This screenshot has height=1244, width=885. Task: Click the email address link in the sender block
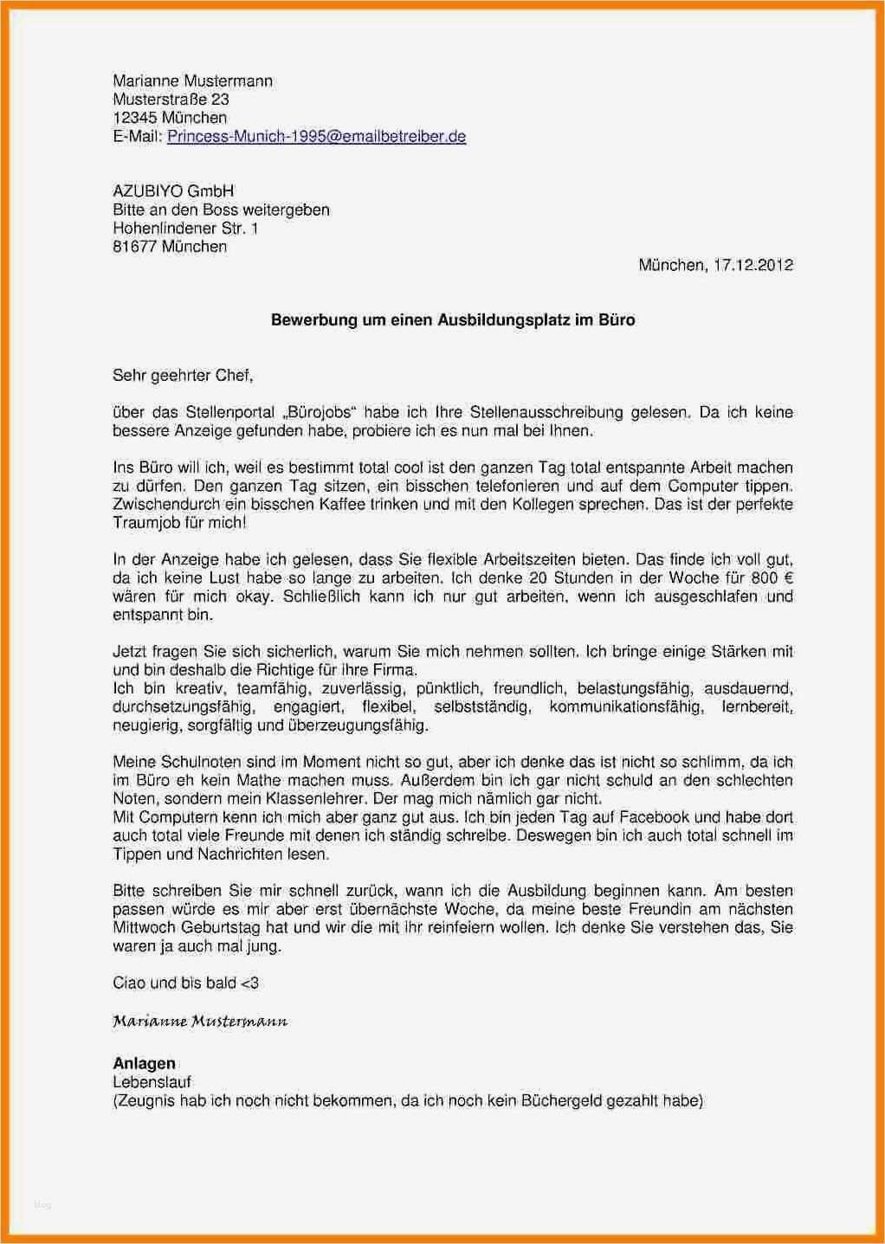(316, 136)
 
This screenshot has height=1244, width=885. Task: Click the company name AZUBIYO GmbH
(173, 191)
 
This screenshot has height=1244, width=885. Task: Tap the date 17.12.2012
(753, 265)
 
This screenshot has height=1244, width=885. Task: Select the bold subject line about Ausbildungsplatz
(453, 319)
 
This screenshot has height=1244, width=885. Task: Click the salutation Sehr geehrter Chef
(183, 375)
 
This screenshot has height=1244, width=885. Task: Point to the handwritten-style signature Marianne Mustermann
(200, 1022)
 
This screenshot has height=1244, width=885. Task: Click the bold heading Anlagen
(144, 1063)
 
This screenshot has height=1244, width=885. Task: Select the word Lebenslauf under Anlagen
(152, 1082)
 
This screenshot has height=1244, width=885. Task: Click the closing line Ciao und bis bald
(185, 983)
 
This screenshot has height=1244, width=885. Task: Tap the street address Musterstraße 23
(171, 100)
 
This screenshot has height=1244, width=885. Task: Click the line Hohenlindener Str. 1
(185, 229)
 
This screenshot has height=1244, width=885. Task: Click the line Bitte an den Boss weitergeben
(221, 209)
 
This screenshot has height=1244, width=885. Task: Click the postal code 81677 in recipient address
(133, 247)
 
